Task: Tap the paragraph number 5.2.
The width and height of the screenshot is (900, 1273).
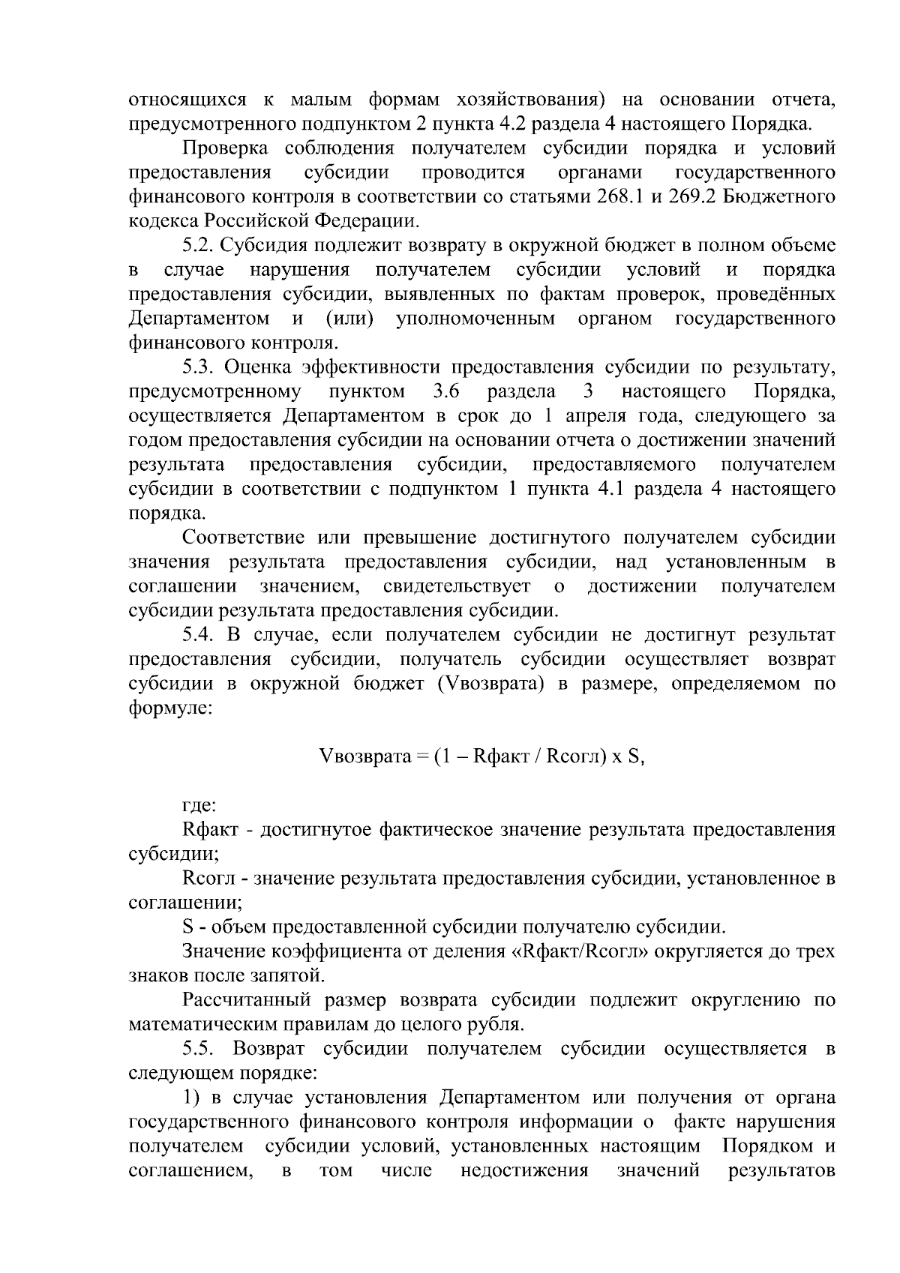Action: [x=199, y=245]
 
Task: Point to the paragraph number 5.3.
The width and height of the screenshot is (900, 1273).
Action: [x=199, y=367]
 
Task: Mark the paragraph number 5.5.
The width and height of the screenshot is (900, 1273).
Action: [x=199, y=1048]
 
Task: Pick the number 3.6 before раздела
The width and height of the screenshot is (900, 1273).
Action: [x=446, y=391]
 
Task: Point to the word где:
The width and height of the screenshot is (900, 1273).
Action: [x=199, y=806]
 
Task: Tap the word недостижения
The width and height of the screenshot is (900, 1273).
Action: [x=524, y=1170]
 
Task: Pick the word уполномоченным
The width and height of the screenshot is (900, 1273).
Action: [x=475, y=319]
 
